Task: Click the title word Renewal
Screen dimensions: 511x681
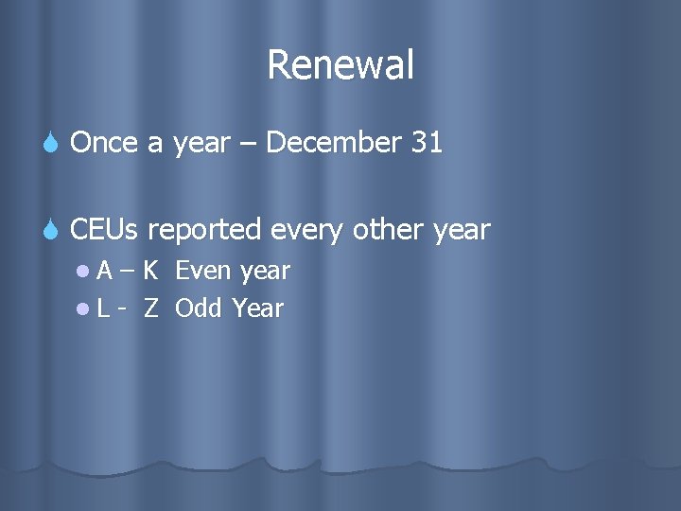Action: pyautogui.click(x=340, y=65)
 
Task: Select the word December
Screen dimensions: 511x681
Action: pyautogui.click(x=334, y=143)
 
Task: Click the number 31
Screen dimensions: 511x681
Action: pyautogui.click(x=427, y=143)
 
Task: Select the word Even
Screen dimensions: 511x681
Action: pyautogui.click(x=204, y=272)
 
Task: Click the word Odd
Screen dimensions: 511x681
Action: pyautogui.click(x=199, y=308)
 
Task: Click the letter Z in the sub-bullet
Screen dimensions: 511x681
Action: pyautogui.click(x=150, y=308)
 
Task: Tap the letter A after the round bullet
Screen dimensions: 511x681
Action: pyautogui.click(x=105, y=272)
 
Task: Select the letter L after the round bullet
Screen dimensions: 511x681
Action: pyautogui.click(x=103, y=308)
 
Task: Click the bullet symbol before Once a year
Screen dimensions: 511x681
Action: pyautogui.click(x=54, y=144)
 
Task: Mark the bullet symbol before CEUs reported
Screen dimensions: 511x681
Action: pyautogui.click(x=54, y=230)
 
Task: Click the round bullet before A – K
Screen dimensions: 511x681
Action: pyautogui.click(x=85, y=273)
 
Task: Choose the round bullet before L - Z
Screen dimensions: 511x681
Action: pyautogui.click(x=85, y=308)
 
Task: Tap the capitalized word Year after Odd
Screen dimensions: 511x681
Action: pyautogui.click(x=257, y=308)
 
